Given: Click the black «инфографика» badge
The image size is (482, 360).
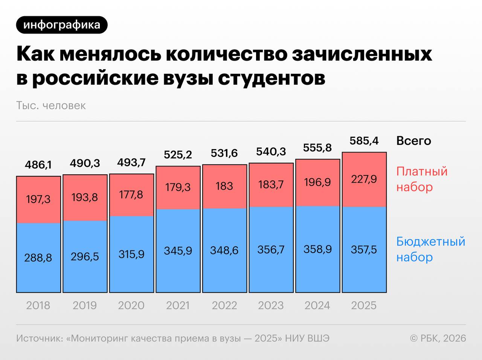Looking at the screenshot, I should [62, 25].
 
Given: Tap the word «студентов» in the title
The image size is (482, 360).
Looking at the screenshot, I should [272, 78].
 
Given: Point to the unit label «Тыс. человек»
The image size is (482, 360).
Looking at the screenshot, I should [51, 105].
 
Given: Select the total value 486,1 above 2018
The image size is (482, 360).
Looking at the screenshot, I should [38, 165].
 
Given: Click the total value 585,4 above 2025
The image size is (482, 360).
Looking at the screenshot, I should [364, 141].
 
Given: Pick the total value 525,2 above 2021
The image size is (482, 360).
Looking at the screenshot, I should [178, 154].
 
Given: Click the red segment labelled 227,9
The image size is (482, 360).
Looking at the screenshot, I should [364, 179].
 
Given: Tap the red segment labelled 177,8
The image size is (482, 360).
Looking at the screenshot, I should [131, 195].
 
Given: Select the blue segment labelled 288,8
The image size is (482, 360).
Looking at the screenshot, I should [38, 258].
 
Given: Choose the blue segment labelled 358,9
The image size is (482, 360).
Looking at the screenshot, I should [317, 249].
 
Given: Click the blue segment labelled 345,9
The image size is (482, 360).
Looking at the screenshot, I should [178, 250].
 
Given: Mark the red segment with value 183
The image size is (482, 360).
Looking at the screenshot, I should [224, 186].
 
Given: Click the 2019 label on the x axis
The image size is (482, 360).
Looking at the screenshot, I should [84, 305].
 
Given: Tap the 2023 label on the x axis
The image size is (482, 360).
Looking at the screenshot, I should [271, 305].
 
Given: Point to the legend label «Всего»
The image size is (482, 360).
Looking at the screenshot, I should [413, 141].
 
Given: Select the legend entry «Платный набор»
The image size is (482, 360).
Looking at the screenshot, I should [421, 179].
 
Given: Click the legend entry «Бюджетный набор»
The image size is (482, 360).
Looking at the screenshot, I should [430, 249].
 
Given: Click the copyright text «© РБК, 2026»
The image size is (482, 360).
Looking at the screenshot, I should [438, 338].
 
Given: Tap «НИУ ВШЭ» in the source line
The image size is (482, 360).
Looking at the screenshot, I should [307, 338].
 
